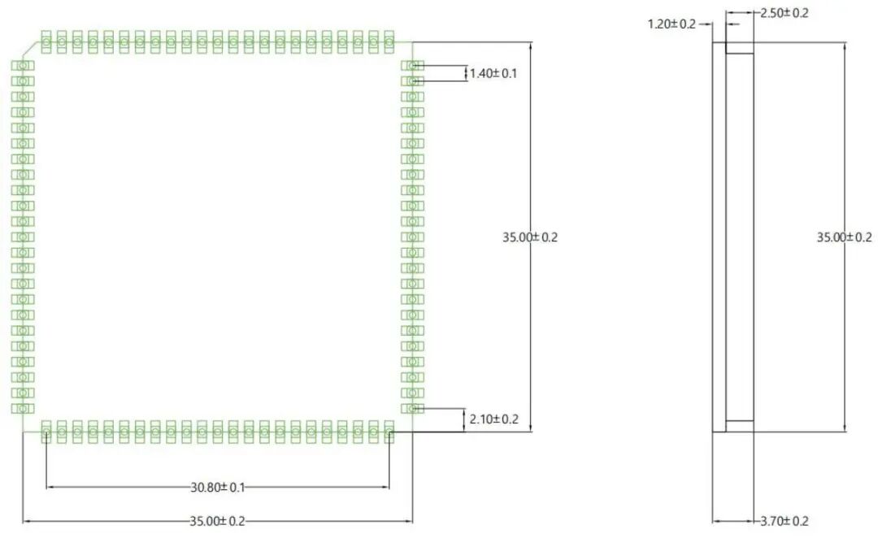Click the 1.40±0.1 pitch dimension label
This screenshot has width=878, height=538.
(x=493, y=73)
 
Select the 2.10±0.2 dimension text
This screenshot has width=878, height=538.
(x=494, y=419)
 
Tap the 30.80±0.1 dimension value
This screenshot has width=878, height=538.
(x=217, y=488)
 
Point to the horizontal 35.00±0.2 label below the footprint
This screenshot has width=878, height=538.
(x=217, y=521)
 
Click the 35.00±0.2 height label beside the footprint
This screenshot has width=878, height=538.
(x=530, y=237)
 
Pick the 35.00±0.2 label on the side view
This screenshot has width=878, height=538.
(x=844, y=237)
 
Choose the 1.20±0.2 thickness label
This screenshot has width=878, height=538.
(x=672, y=24)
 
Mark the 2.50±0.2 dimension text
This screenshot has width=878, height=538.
(x=784, y=13)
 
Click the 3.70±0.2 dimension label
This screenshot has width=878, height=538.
(x=784, y=521)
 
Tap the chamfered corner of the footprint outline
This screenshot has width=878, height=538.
(x=33, y=49)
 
